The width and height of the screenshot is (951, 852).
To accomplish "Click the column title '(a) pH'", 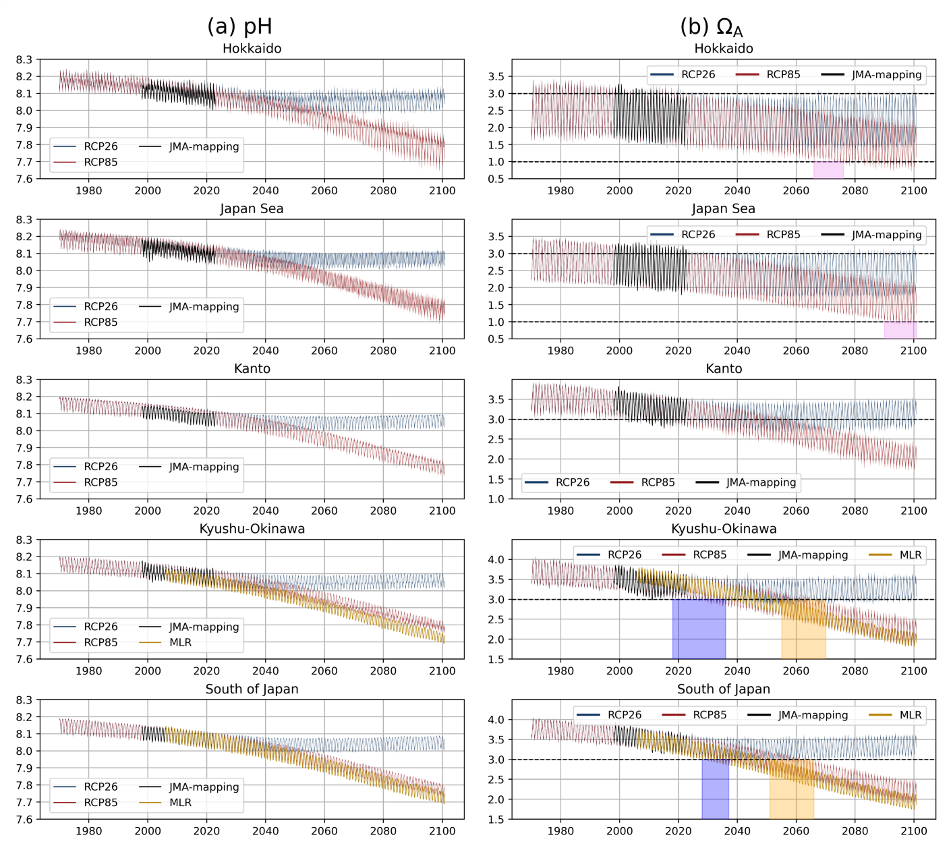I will click(x=239, y=26).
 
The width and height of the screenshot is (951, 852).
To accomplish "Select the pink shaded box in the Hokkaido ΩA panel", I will click(x=828, y=170).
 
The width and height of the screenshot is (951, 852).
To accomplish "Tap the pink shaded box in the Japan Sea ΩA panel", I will click(x=900, y=330).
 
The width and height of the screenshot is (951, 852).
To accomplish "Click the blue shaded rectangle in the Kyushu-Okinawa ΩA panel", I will click(x=699, y=629).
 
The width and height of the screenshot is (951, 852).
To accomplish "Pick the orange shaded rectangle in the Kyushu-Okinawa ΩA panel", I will click(x=803, y=629).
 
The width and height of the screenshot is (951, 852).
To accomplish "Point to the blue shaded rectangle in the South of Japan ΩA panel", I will click(x=715, y=789).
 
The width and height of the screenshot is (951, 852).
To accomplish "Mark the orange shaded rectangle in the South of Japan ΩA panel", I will click(x=791, y=789).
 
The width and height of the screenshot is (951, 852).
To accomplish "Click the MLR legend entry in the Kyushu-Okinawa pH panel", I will click(x=180, y=642).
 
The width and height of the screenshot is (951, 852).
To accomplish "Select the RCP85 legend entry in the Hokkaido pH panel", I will click(x=100, y=162).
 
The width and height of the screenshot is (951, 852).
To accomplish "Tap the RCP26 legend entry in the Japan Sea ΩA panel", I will click(x=698, y=235).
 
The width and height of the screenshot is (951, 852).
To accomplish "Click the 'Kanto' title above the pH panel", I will click(x=252, y=369).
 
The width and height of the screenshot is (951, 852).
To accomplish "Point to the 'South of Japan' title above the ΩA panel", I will click(x=723, y=689).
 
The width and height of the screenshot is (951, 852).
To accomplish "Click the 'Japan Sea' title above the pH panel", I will click(x=252, y=209).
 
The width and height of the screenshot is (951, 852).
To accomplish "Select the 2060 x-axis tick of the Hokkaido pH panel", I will click(x=324, y=191).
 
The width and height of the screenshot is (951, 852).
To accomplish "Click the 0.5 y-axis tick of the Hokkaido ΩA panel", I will click(x=496, y=179).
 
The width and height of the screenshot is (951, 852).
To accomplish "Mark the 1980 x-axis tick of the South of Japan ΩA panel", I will click(x=560, y=831).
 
